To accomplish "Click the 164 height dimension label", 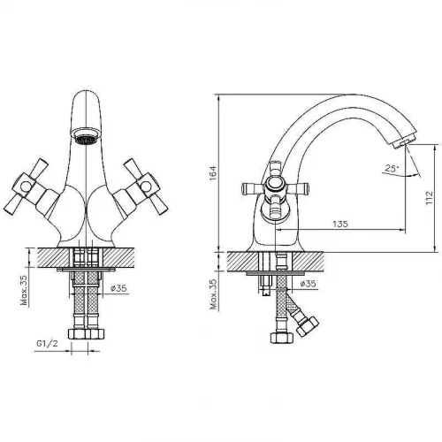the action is tap(213, 173).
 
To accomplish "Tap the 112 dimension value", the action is tap(430, 198).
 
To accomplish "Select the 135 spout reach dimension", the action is tap(340, 224).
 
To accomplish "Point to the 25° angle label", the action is tap(392, 169).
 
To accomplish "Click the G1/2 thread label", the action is tap(48, 343).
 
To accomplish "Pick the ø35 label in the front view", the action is tap(118, 288).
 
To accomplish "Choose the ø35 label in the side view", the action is tap(308, 284).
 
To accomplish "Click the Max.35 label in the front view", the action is tap(24, 290).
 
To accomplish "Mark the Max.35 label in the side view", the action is tap(213, 294).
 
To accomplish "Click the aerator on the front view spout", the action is tap(86, 135).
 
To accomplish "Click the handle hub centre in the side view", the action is tap(275, 187).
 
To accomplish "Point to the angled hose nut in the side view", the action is tap(308, 326).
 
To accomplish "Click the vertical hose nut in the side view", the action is tap(282, 338).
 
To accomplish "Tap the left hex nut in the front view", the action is tap(77, 334).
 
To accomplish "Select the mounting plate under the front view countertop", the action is tap(86, 270).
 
